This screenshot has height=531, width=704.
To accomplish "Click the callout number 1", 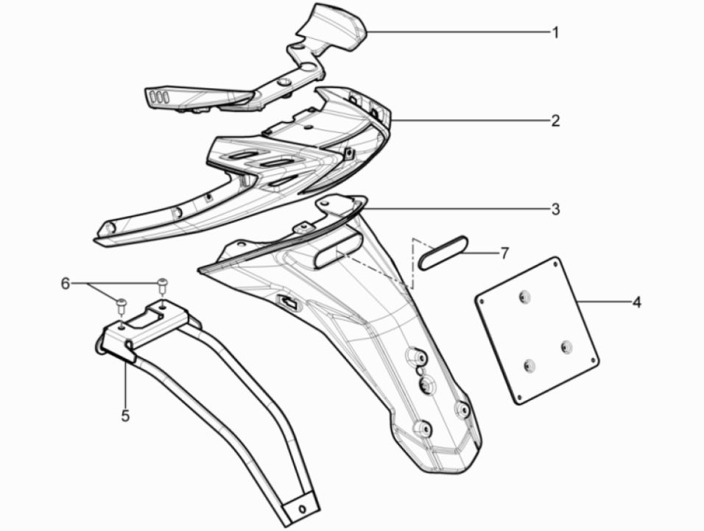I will (x=555, y=32).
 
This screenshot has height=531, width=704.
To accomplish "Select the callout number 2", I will (x=555, y=121).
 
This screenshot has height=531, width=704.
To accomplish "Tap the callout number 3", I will (x=555, y=210).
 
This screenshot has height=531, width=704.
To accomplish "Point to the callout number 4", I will (x=636, y=302).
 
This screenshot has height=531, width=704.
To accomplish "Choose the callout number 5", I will (x=125, y=416).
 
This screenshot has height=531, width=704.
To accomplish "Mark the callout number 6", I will (x=66, y=283).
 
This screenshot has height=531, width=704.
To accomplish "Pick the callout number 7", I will (x=504, y=254).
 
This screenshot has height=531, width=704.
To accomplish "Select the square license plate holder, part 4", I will (x=538, y=331).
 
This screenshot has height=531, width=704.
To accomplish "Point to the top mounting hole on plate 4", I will (x=524, y=297).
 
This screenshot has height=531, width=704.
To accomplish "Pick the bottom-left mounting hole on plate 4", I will (x=529, y=364).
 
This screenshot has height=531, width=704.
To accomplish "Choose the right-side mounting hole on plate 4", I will (x=566, y=346).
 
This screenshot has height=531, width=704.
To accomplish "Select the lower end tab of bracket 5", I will (x=301, y=508).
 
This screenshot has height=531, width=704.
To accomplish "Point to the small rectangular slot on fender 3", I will (x=287, y=302).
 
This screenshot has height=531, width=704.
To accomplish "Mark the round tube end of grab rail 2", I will (x=108, y=229).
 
